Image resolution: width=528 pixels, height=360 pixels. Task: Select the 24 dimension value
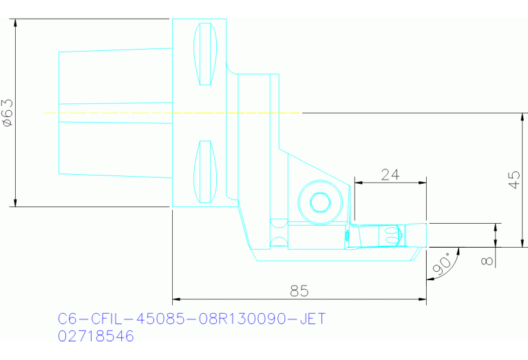click(390, 174)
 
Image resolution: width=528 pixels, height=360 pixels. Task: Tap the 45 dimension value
click(514, 180)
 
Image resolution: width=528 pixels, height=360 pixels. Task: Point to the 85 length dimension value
click(299, 291)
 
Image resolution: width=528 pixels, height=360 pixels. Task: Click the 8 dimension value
click(488, 260)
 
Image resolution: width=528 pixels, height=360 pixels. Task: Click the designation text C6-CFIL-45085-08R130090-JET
click(191, 319)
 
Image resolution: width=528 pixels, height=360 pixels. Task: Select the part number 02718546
click(96, 336)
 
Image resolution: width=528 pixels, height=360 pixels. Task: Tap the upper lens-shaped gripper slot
click(204, 54)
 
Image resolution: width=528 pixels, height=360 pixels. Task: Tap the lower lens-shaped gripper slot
click(204, 172)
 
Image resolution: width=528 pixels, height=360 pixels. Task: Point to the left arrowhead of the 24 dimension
click(357, 183)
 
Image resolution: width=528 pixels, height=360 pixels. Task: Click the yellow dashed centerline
click(138, 112)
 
